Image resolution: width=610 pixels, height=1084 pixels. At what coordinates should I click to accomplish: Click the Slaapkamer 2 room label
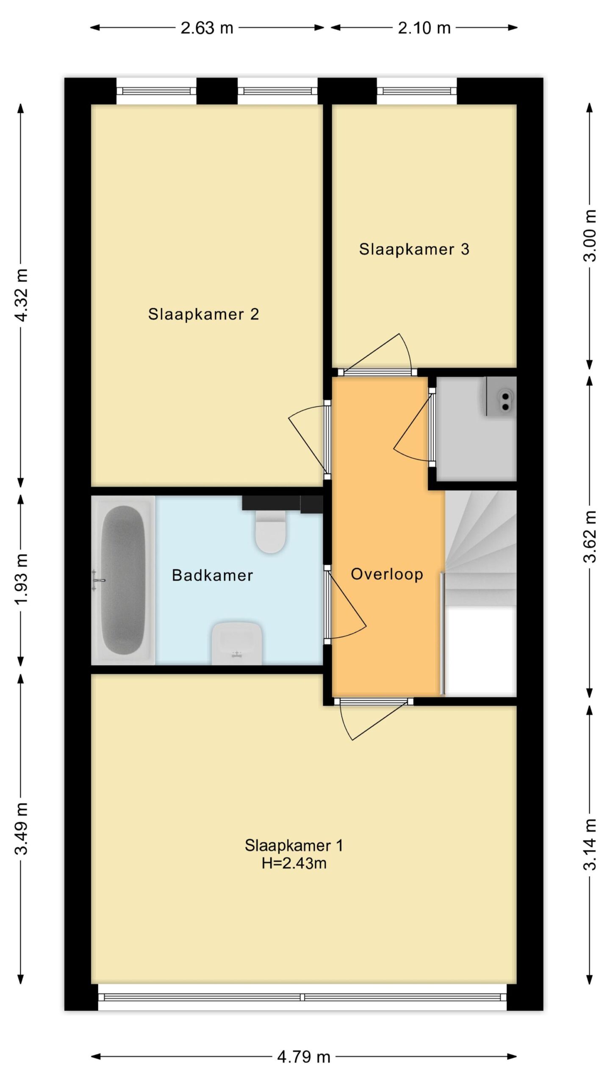[203, 314]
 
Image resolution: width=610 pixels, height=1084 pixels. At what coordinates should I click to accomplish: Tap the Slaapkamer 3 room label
[414, 249]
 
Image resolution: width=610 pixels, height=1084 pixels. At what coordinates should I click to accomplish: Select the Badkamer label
[212, 575]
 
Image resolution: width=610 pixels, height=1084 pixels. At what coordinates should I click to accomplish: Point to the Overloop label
[387, 574]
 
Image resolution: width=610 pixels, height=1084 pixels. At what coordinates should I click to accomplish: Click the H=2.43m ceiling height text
[294, 863]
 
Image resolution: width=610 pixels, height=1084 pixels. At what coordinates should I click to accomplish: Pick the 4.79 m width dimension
[304, 1057]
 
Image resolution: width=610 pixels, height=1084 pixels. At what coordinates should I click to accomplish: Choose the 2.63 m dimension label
[207, 28]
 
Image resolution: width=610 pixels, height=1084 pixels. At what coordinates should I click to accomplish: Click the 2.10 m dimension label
[424, 28]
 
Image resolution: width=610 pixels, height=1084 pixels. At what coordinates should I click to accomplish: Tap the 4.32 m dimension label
[21, 295]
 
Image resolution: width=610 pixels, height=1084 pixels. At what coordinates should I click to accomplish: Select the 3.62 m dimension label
[590, 536]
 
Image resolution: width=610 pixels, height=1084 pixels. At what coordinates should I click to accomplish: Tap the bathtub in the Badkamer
[123, 580]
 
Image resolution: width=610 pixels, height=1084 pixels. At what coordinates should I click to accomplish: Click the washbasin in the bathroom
[237, 643]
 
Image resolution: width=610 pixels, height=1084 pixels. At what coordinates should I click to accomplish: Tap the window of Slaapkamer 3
[417, 91]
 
